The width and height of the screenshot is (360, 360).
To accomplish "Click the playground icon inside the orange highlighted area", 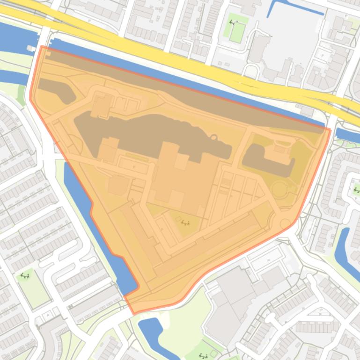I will click(185, 223).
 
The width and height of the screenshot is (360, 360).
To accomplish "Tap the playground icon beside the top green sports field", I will click(233, 22).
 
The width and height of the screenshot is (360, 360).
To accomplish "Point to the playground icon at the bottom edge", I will click(204, 356).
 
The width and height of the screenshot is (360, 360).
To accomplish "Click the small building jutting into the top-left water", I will click(31, 48).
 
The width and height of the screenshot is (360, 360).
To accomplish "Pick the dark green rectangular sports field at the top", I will click(237, 32).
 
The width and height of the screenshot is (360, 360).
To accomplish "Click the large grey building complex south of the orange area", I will click(234, 299).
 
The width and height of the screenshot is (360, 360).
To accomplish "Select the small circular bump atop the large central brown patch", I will click(214, 137).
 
